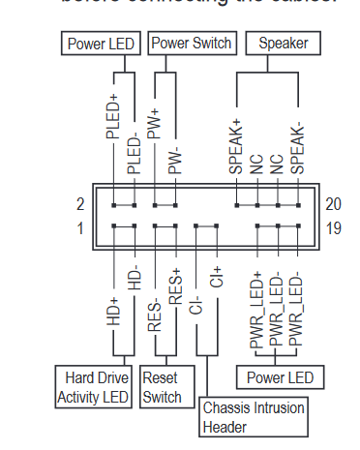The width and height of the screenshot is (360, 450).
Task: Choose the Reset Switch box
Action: (163, 387)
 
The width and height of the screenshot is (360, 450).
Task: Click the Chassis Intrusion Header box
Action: (254, 417)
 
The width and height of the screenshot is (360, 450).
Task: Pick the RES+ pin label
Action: (175, 286)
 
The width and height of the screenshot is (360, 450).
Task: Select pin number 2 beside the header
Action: (80, 203)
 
